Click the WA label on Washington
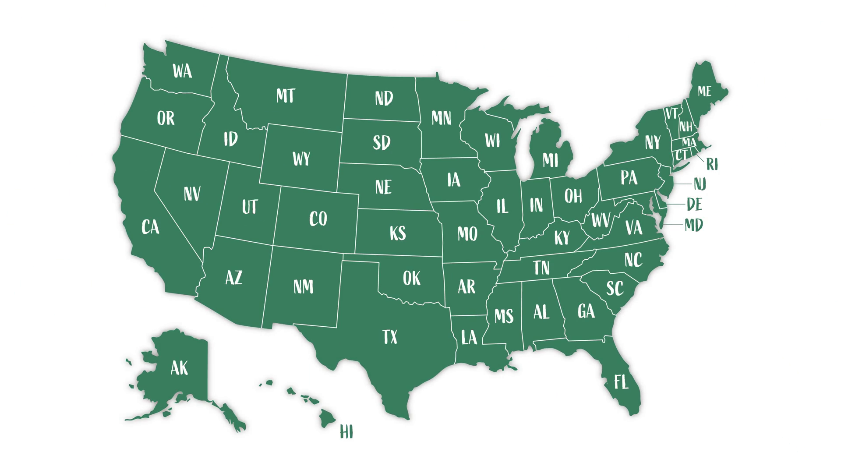(182, 71)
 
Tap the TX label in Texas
(389, 337)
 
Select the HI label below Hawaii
(346, 432)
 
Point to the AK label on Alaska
(179, 368)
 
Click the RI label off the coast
(712, 164)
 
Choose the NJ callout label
(700, 184)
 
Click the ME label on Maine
(704, 91)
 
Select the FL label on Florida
(621, 382)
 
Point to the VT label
(671, 113)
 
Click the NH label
(686, 127)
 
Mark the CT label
(681, 155)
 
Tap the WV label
(601, 220)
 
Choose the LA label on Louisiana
(469, 337)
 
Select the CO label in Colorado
(318, 219)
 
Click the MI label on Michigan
(550, 160)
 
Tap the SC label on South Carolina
(615, 288)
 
